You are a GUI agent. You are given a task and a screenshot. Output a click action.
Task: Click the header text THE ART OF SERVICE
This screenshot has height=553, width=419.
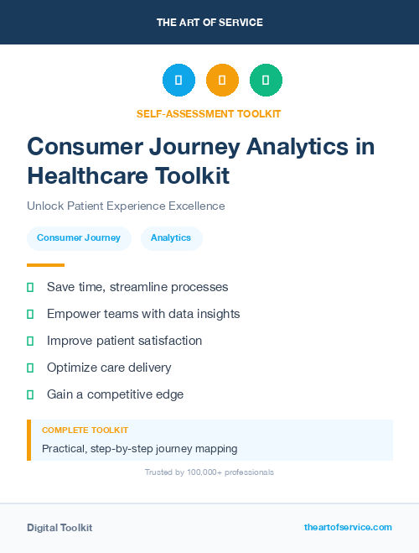(209, 23)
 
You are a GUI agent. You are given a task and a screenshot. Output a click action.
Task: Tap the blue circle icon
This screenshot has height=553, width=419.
(178, 81)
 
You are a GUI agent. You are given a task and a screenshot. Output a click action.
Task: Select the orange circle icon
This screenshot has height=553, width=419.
(222, 81)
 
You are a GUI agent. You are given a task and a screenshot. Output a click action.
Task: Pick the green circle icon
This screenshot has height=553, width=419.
(266, 81)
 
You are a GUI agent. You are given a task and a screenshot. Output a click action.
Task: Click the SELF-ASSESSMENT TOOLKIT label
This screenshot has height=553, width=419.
(209, 113)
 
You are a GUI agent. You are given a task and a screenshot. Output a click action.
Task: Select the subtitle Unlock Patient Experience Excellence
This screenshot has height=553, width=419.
(126, 206)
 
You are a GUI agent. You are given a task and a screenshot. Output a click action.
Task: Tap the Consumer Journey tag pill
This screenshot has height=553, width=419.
(79, 238)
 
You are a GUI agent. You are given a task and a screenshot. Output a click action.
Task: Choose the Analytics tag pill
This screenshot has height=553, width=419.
(171, 238)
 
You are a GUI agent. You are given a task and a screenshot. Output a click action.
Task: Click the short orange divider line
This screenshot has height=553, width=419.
(45, 265)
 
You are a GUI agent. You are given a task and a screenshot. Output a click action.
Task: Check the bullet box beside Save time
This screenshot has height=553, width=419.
(30, 287)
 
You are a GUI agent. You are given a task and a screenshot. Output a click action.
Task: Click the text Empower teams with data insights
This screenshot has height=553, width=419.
(143, 314)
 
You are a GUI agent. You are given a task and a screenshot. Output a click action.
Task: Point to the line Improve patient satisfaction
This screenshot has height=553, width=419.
(124, 341)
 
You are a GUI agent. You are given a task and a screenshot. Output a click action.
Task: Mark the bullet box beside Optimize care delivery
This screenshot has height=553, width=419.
(30, 368)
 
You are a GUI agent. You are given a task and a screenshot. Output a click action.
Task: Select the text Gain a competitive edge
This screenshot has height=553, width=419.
(115, 394)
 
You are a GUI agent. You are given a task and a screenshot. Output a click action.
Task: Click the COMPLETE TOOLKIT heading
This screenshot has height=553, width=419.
(85, 430)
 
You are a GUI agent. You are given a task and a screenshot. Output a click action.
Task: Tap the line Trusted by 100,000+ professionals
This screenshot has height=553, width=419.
(209, 472)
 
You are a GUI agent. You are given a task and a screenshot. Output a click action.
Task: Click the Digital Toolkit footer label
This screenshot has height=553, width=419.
(59, 528)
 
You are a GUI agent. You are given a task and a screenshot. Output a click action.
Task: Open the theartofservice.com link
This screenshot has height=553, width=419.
(348, 527)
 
